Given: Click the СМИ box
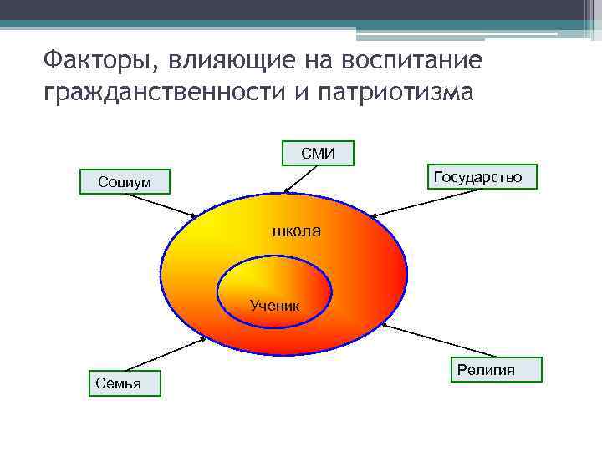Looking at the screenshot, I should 318,152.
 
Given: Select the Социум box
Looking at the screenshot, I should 125,180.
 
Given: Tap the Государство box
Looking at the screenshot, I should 477,176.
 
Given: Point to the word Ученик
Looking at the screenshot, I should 275,307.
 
